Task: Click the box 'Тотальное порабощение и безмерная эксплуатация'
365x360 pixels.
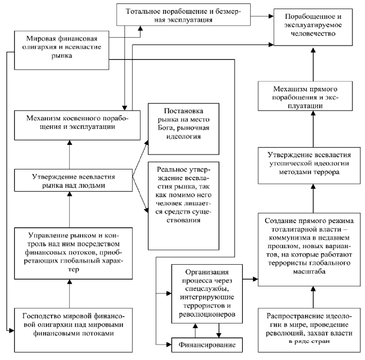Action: pyautogui.click(x=183, y=14)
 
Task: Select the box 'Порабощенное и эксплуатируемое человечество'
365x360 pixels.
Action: pyautogui.click(x=313, y=27)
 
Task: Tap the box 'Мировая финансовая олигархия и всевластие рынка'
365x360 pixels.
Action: pyautogui.click(x=62, y=50)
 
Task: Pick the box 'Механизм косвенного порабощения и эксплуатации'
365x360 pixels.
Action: pyautogui.click(x=77, y=125)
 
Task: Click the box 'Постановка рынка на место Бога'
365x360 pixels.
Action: pyautogui.click(x=184, y=129)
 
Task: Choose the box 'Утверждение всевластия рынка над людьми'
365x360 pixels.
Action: pyautogui.click(x=73, y=180)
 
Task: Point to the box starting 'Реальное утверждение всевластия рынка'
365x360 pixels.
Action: pyautogui.click(x=184, y=206)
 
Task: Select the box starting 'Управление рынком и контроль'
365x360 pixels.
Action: pyautogui.click(x=73, y=253)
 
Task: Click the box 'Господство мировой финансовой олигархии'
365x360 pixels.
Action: pyautogui.click(x=73, y=330)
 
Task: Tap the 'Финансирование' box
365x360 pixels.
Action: pyautogui.click(x=207, y=345)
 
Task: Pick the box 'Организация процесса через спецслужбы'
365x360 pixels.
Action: pyautogui.click(x=207, y=294)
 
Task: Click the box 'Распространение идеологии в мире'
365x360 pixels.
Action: pyautogui.click(x=309, y=330)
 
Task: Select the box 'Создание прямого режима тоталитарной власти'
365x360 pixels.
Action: pyautogui.click(x=309, y=249)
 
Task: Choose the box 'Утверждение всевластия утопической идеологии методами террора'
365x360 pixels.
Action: pyautogui.click(x=309, y=165)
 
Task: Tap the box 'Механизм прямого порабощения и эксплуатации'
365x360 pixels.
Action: pyautogui.click(x=305, y=96)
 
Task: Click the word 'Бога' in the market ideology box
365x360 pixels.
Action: pyautogui.click(x=166, y=128)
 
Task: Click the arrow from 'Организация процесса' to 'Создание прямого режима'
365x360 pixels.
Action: pyautogui.click(x=250, y=279)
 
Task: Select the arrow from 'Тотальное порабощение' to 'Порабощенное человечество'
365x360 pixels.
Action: pyautogui.click(x=262, y=16)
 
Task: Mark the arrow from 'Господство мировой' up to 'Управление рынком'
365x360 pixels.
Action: pyautogui.click(x=69, y=293)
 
